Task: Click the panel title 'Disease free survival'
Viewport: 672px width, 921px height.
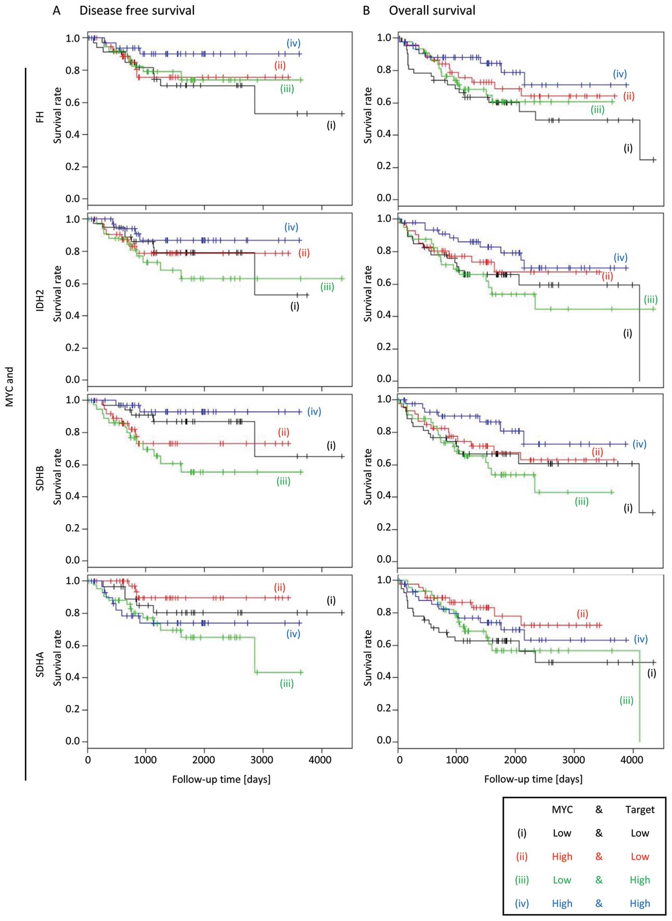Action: click(x=137, y=11)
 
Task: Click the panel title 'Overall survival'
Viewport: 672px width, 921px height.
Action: click(x=432, y=11)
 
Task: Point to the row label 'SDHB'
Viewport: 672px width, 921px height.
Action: click(x=40, y=479)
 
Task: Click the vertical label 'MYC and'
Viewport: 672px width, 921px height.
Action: click(x=10, y=386)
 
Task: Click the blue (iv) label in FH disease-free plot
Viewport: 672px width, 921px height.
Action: click(x=293, y=43)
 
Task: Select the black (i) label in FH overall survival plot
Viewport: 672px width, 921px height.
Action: click(x=628, y=148)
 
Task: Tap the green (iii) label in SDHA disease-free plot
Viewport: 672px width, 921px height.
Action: click(x=286, y=684)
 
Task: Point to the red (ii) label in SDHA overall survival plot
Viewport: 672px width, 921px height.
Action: click(x=582, y=614)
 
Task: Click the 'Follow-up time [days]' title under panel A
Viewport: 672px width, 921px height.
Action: click(x=221, y=779)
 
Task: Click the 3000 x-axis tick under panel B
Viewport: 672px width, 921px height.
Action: click(x=573, y=760)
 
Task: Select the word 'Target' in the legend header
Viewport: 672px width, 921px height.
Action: click(x=640, y=810)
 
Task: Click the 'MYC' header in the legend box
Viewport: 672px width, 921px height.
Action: click(x=562, y=810)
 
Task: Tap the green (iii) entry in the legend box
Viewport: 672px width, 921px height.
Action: click(x=522, y=880)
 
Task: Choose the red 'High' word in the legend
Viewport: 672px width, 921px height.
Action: click(x=562, y=856)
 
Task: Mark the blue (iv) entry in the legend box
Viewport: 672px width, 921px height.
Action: click(x=522, y=903)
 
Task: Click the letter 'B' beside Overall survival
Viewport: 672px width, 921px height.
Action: click(x=366, y=11)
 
